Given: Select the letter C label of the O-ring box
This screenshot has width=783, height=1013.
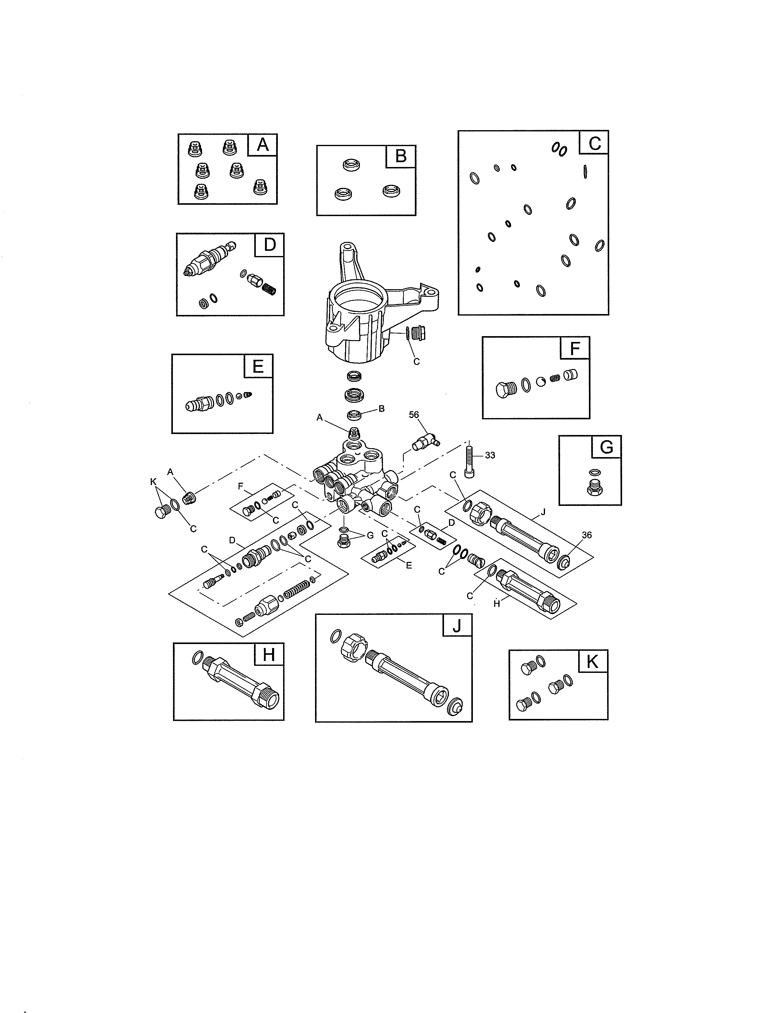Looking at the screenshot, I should pyautogui.click(x=594, y=143).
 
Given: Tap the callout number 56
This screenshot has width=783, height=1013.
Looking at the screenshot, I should pyautogui.click(x=414, y=415).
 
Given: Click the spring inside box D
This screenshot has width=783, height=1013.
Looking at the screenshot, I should pyautogui.click(x=269, y=289).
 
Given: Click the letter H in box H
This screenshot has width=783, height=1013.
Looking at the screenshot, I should pyautogui.click(x=269, y=655).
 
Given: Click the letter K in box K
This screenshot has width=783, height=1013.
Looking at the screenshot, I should pyautogui.click(x=592, y=662).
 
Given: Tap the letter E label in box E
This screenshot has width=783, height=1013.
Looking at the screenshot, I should pyautogui.click(x=258, y=367).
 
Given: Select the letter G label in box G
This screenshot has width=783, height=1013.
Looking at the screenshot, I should pyautogui.click(x=606, y=447).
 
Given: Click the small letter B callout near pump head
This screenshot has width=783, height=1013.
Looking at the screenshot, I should pyautogui.click(x=381, y=409).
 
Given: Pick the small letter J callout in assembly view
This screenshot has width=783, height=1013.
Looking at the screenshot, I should pyautogui.click(x=543, y=512).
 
